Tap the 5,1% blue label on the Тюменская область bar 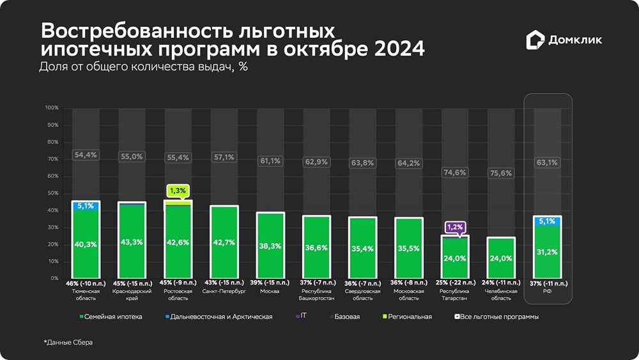(x=86, y=206)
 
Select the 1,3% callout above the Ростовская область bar (x=178, y=190)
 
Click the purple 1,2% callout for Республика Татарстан (x=454, y=226)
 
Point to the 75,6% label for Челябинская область (x=500, y=173)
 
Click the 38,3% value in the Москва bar (x=270, y=246)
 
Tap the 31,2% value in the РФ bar (x=546, y=252)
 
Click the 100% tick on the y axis (x=52, y=108)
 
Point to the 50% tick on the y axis (x=53, y=193)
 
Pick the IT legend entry (x=303, y=317)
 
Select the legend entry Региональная (x=409, y=317)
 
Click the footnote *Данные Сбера (x=68, y=343)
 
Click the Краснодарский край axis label (x=132, y=291)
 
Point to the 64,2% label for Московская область (x=408, y=163)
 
